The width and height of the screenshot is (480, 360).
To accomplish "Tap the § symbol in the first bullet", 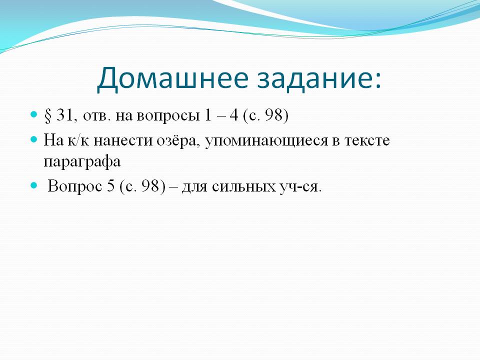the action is click(48, 115).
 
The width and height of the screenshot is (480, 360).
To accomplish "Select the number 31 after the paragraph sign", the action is click(64, 115).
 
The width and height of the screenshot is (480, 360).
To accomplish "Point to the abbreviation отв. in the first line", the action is click(96, 116).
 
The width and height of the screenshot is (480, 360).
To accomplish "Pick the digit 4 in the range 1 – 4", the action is click(234, 115).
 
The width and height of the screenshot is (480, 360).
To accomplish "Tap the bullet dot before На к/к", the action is click(33, 139).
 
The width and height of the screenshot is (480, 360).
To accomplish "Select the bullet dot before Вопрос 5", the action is click(33, 185).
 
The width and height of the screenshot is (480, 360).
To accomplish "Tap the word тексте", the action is click(367, 141).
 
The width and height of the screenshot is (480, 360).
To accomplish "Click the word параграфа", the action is click(82, 162).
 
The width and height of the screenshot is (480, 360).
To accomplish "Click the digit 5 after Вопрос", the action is click(111, 185).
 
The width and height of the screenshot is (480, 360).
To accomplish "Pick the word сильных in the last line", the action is click(243, 186).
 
